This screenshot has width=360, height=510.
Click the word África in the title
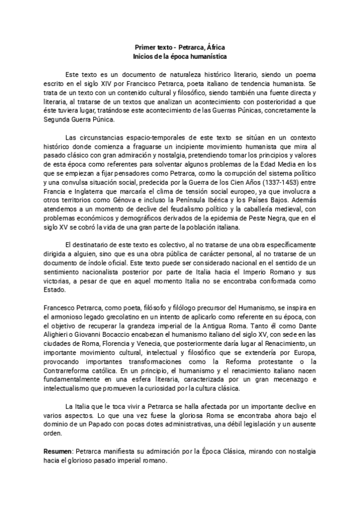tap(215, 46)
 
